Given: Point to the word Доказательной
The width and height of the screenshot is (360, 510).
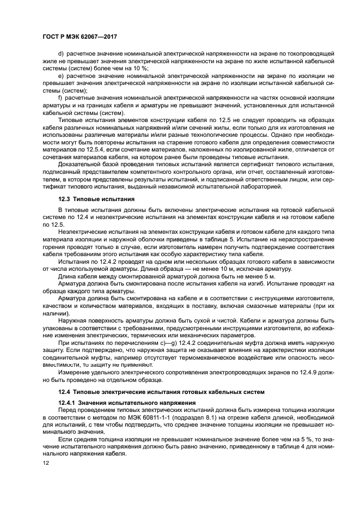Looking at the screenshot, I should pyautogui.click(x=82, y=164).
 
